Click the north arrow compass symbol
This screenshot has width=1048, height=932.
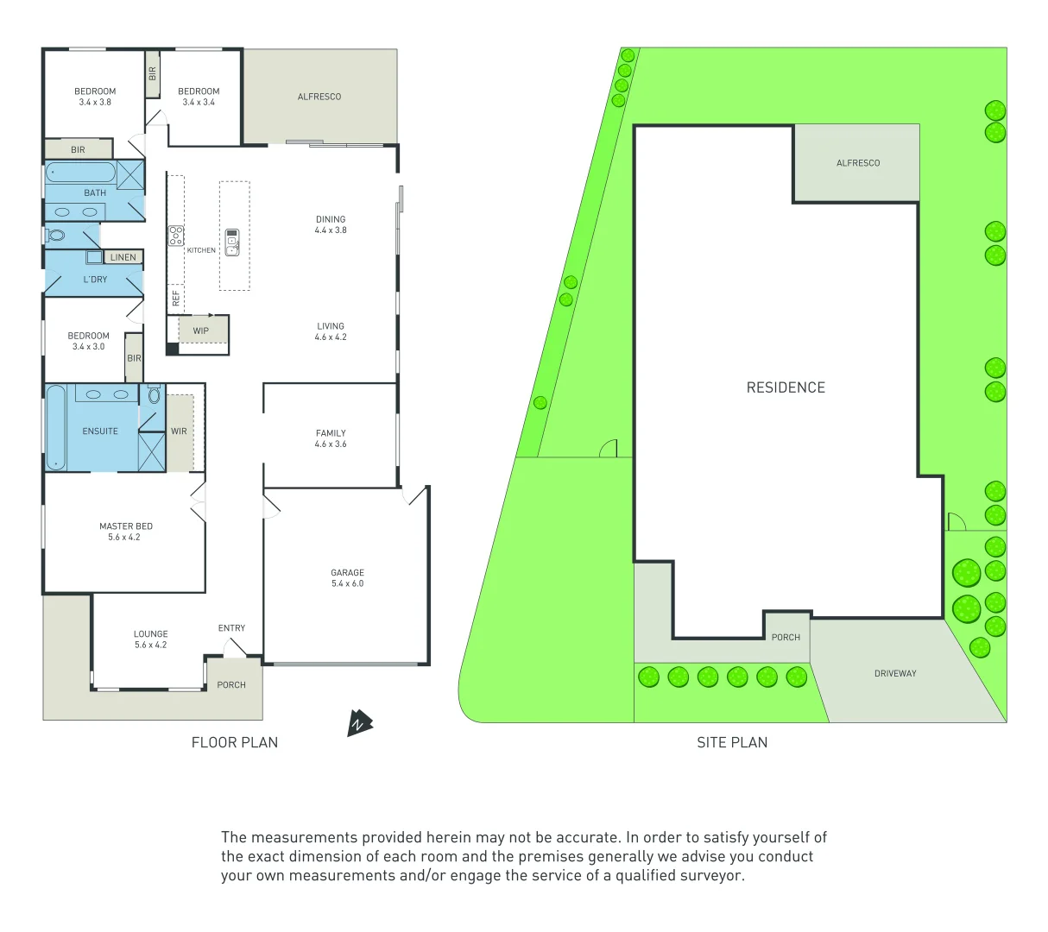360,723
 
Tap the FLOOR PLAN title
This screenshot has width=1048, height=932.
235,742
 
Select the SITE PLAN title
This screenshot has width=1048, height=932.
732,742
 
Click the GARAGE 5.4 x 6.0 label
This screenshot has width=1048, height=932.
348,578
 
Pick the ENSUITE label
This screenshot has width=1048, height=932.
100,431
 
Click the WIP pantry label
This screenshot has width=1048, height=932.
201,331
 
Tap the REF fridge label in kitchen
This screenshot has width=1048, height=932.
176,298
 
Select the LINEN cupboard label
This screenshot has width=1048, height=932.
123,257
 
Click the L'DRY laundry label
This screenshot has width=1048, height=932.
95,280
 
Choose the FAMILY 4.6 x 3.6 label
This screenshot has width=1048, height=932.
331,438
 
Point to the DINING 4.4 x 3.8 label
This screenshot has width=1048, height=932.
331,224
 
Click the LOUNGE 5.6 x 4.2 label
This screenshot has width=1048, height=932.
151,639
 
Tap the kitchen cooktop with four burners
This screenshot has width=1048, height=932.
175,236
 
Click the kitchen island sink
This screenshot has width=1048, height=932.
232,242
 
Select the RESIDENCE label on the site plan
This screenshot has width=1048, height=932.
786,388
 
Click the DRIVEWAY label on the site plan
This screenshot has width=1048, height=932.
895,673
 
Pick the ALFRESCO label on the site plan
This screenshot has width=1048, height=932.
858,163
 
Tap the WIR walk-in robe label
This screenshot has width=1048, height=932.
179,431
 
